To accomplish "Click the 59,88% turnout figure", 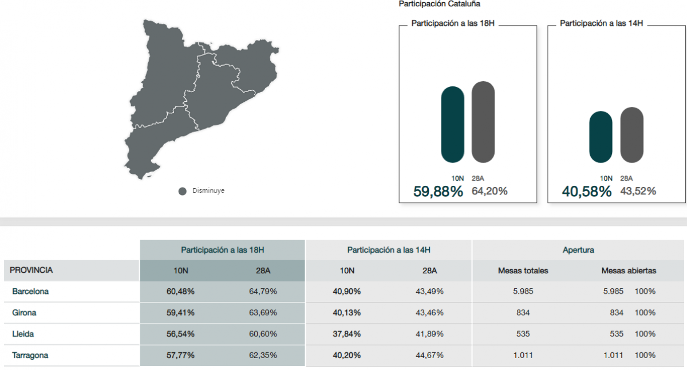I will click(438, 192).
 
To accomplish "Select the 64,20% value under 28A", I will click(489, 192).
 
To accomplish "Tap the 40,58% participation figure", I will click(587, 192).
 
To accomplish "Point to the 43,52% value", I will click(638, 192).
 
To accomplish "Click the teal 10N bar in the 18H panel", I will click(453, 124).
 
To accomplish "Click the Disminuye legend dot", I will click(183, 191).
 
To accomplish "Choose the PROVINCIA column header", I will click(31, 270).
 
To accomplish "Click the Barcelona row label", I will click(30, 291).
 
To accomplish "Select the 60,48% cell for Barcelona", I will click(180, 291).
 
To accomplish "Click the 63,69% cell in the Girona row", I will click(263, 313).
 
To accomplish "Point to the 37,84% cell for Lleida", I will click(346, 333).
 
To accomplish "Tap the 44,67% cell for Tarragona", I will click(429, 355).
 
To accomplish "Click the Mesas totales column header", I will click(523, 270).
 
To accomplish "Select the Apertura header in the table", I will click(578, 250).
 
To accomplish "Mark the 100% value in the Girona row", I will click(645, 313).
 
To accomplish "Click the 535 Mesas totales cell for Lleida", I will click(523, 333).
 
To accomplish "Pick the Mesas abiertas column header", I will click(629, 270).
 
